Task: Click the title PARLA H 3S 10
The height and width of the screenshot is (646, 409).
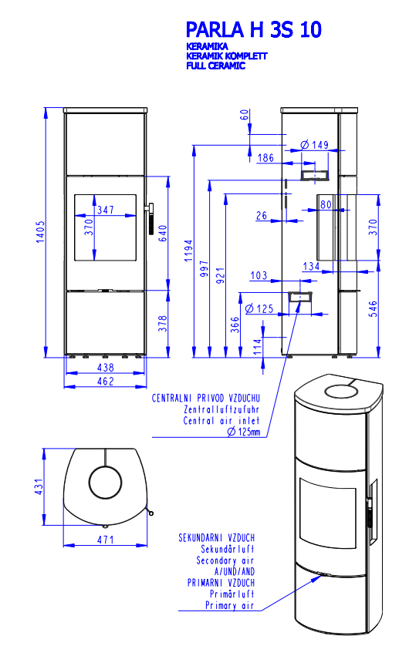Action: (x=253, y=29)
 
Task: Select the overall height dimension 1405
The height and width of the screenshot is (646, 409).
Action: (x=40, y=231)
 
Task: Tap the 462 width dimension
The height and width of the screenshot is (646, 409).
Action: (x=106, y=381)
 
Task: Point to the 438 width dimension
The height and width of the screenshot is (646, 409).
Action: (x=106, y=367)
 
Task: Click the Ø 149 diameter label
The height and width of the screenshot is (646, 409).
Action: (x=315, y=145)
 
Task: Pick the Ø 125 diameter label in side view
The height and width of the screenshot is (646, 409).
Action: (x=259, y=308)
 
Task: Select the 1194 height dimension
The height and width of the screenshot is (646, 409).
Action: (x=188, y=251)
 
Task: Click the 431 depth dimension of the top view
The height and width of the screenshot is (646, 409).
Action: (x=39, y=486)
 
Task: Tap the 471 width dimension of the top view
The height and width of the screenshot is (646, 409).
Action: (x=106, y=540)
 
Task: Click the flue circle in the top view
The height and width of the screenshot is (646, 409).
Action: (x=89, y=482)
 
